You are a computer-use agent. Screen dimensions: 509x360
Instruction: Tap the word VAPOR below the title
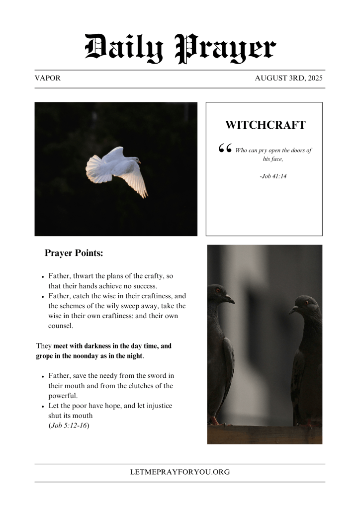(x=48, y=79)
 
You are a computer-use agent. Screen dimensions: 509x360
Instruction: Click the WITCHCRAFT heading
(x=265, y=125)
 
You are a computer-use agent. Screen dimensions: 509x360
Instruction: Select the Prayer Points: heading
(x=74, y=253)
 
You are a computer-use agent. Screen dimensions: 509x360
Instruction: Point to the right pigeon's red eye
(x=306, y=302)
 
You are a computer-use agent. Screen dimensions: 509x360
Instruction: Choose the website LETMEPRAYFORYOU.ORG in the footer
(x=180, y=472)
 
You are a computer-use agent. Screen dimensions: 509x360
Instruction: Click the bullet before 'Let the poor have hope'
(x=43, y=407)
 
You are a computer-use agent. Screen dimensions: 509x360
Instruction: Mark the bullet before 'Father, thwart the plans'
(x=43, y=276)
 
